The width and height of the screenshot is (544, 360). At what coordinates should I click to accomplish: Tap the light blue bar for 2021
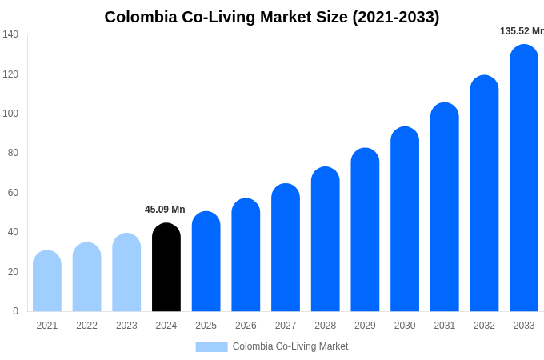pos(47,282)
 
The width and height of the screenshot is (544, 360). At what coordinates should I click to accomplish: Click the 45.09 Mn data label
pos(165,210)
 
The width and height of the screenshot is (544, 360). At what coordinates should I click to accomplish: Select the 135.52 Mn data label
pos(522,31)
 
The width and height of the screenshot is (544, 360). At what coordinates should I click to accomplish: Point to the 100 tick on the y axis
pos(10,114)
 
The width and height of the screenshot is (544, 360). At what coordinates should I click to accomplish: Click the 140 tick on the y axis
pos(10,34)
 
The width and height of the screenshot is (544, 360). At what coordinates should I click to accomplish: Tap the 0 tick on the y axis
pos(15,311)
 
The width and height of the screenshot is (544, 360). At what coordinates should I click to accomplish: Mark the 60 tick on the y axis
pos(13,193)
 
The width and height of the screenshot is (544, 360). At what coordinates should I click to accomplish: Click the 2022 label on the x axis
pos(86,326)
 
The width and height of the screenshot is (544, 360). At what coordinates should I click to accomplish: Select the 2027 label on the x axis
pos(286,326)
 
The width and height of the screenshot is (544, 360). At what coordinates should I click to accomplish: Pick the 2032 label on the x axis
pos(484,326)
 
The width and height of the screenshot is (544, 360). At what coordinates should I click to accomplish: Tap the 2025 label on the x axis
pos(206,326)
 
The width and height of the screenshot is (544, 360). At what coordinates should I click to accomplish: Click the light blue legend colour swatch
pos(211,347)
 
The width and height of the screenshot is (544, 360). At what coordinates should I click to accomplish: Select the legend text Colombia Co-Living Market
pos(290,346)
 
